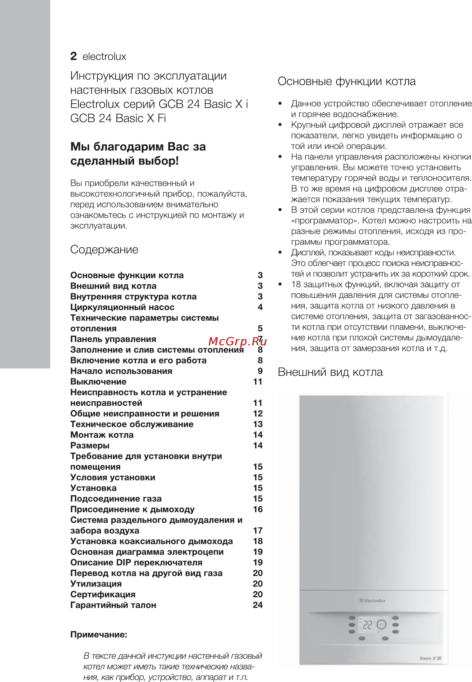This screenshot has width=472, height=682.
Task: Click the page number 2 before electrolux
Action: coord(73,56)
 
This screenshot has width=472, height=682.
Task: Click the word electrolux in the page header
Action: coord(104,56)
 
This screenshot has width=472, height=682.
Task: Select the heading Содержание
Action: coord(104,249)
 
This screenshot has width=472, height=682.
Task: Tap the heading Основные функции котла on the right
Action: coord(346,81)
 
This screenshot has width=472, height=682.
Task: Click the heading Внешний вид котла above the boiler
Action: coord(330,372)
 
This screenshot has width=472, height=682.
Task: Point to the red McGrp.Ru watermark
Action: coord(238,341)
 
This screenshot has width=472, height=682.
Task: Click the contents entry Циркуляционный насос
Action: coord(122,307)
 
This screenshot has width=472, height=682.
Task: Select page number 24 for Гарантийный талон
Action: coord(258,605)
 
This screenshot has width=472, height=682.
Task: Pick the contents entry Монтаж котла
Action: coord(102,435)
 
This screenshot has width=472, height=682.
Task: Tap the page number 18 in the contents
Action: coord(258,541)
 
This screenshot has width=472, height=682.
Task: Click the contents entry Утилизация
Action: coord(96,584)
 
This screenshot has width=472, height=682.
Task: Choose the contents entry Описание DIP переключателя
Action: coord(136,562)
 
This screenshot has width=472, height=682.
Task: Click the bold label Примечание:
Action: coord(99,634)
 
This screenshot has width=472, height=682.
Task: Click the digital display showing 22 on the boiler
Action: coord(368,625)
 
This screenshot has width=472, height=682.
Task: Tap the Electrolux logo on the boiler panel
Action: coord(372,601)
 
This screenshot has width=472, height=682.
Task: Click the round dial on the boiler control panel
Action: coord(381,625)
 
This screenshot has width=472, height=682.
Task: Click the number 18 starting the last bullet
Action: coord(296,285)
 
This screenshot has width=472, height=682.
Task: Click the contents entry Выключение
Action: coord(98,382)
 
